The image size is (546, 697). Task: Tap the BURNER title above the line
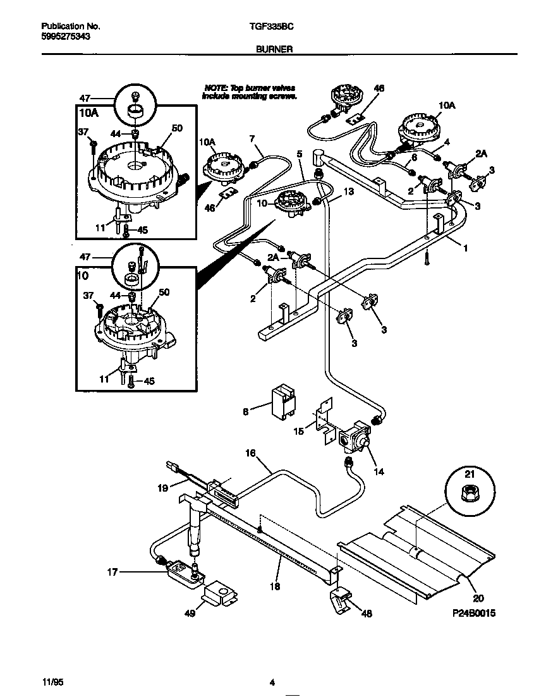click(274, 48)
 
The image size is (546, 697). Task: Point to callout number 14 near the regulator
click(379, 471)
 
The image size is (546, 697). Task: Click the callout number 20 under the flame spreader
click(474, 596)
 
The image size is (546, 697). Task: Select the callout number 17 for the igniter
click(112, 573)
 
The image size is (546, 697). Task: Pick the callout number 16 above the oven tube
click(251, 452)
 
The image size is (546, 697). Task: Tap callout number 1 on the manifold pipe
click(465, 248)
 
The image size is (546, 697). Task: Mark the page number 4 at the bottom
click(272, 682)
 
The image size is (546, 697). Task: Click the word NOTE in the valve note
click(214, 88)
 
